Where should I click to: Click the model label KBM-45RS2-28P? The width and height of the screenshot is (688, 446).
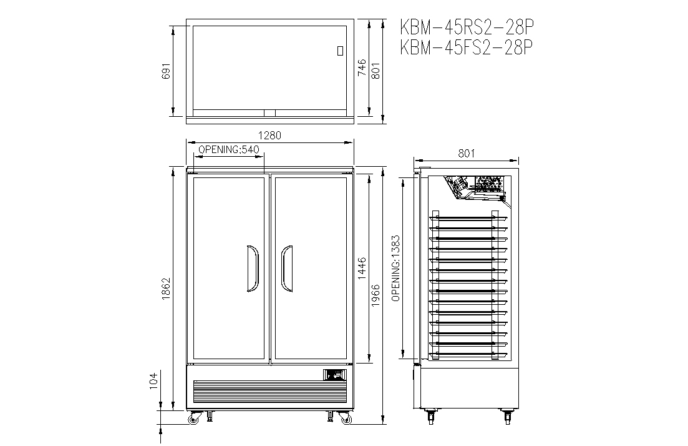467,27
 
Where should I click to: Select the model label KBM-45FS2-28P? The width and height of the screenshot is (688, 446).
467,47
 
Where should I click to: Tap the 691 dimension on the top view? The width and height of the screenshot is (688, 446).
167,71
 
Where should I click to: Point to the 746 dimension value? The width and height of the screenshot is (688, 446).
362,67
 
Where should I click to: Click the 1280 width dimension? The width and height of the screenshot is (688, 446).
269,136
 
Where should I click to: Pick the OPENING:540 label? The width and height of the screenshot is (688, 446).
229,149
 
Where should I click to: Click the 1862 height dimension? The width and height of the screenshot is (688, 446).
167,289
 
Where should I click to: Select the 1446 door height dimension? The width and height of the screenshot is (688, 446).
362,269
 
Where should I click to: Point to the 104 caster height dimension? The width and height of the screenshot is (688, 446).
153,381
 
